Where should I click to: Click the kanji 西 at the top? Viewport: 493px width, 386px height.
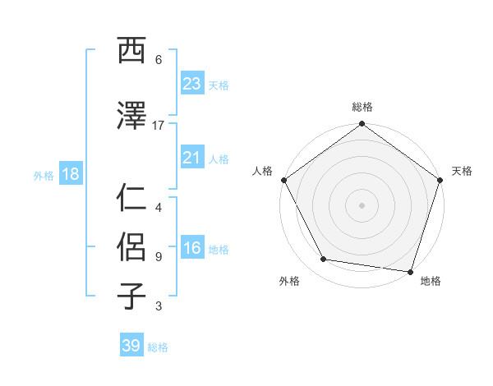click(131, 51)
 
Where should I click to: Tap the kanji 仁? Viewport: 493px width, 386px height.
click(131, 198)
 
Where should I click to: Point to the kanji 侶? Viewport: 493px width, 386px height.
click(131, 246)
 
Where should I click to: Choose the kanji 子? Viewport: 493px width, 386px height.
click(131, 296)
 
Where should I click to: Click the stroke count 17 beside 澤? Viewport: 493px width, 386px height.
click(159, 125)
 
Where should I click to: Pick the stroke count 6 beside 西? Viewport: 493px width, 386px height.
click(159, 60)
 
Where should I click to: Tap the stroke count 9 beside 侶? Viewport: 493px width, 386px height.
click(159, 256)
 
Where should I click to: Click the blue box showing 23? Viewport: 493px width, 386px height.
click(191, 84)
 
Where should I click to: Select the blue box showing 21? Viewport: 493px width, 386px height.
click(191, 158)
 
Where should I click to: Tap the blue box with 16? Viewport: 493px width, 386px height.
click(191, 249)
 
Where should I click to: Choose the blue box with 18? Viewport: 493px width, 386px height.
click(70, 175)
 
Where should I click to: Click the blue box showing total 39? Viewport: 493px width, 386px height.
click(131, 346)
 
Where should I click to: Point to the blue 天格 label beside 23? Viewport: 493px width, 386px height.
click(219, 85)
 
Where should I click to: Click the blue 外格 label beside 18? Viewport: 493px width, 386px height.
click(44, 176)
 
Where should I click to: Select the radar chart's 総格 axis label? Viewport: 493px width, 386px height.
click(362, 108)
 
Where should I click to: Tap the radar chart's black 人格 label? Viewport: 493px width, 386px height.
click(264, 171)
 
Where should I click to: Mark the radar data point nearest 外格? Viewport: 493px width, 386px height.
click(324, 260)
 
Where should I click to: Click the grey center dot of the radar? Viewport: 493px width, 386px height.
click(362, 205)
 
